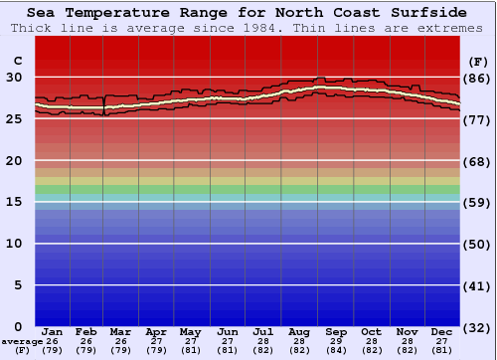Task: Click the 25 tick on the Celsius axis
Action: (x=16, y=118)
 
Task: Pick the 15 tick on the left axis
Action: (x=16, y=202)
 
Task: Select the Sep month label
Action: (x=335, y=331)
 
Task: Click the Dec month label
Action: (x=442, y=331)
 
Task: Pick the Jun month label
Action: (x=228, y=331)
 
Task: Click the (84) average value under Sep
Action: (x=335, y=350)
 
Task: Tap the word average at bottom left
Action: (x=21, y=341)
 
